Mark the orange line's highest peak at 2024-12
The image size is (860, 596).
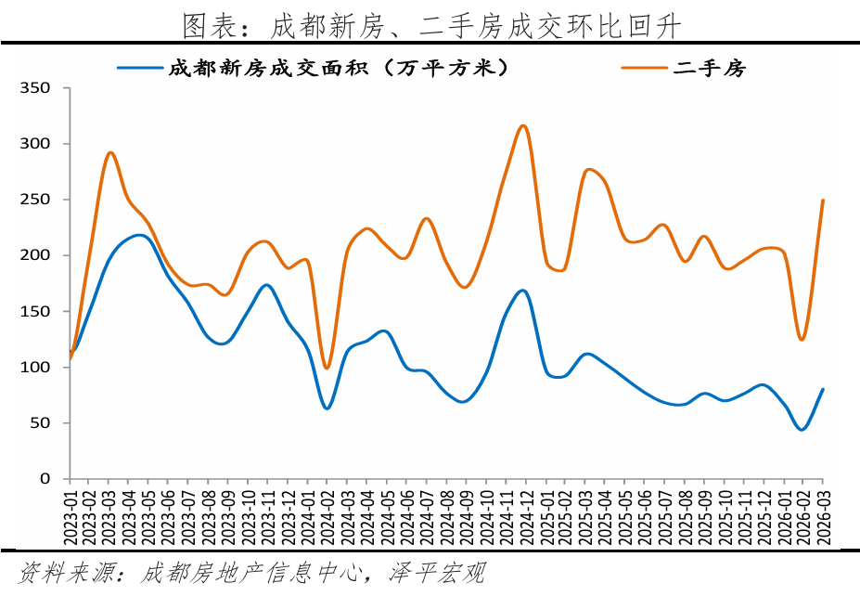[x=524, y=125]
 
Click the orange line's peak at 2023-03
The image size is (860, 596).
[x=110, y=152]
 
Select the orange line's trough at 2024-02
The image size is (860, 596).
[x=327, y=368]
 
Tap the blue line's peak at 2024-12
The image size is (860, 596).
[x=523, y=291]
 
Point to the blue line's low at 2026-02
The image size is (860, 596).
[x=802, y=429]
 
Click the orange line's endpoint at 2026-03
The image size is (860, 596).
[x=822, y=201]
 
